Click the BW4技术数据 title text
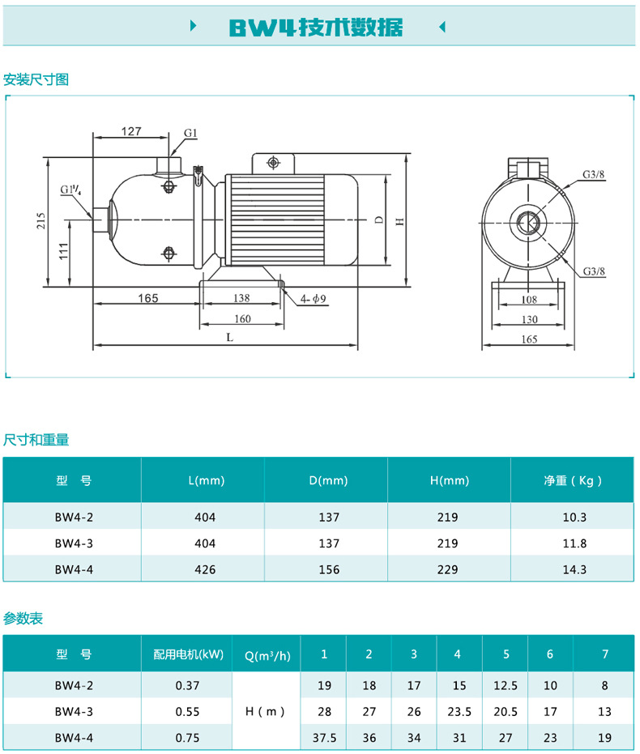point(315,27)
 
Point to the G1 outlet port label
point(190,132)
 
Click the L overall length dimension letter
point(229,338)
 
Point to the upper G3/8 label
point(594,175)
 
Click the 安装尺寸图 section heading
point(36,79)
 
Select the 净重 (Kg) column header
point(573,480)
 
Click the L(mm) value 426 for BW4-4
point(206,569)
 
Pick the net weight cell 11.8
point(573,543)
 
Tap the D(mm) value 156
point(329,569)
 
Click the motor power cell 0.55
point(187,712)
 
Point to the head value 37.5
point(324,739)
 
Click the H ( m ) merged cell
point(267,712)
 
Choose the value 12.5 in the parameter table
point(505,685)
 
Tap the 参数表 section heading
point(23,619)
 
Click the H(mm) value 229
point(448,569)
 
